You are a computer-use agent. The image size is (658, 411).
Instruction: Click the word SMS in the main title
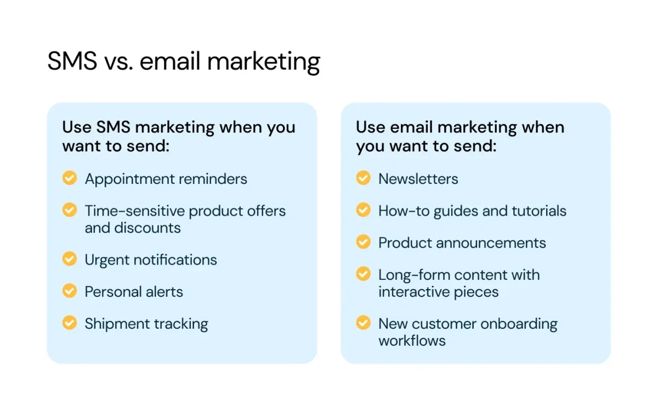tap(72, 61)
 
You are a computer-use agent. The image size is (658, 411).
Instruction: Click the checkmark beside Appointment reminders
tap(70, 178)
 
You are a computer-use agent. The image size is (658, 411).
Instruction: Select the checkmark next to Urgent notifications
tap(70, 258)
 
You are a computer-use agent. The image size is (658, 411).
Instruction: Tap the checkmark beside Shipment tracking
tap(70, 323)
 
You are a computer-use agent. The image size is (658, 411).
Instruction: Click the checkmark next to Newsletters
tap(364, 178)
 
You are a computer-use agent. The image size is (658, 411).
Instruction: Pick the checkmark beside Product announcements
tap(364, 241)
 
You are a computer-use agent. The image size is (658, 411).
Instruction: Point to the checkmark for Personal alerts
tap(70, 291)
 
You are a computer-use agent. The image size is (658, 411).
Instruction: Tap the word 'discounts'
tap(148, 228)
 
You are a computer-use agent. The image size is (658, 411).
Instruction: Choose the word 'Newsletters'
tap(418, 179)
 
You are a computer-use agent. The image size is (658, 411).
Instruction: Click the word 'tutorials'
tap(539, 211)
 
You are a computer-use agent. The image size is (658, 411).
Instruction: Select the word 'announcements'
tap(491, 244)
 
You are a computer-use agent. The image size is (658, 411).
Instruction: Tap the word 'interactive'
tap(413, 292)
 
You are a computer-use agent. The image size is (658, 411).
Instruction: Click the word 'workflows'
tap(412, 341)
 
